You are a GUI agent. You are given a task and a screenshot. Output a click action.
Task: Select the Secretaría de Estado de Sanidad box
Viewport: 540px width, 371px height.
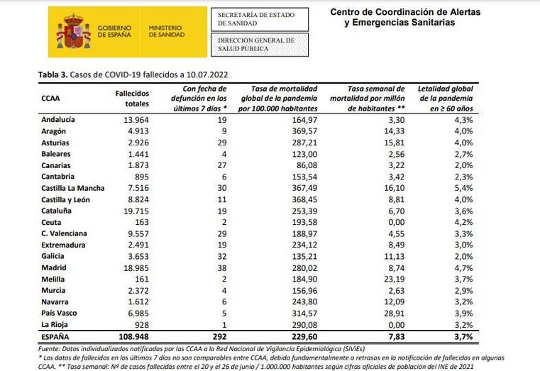[x=263, y=18]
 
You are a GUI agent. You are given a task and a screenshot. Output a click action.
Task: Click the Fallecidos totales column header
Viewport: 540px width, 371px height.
[x=132, y=98]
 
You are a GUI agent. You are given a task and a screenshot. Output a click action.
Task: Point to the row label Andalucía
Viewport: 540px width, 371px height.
[x=59, y=120]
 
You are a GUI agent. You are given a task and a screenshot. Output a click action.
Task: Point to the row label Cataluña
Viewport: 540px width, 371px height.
[x=57, y=211]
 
